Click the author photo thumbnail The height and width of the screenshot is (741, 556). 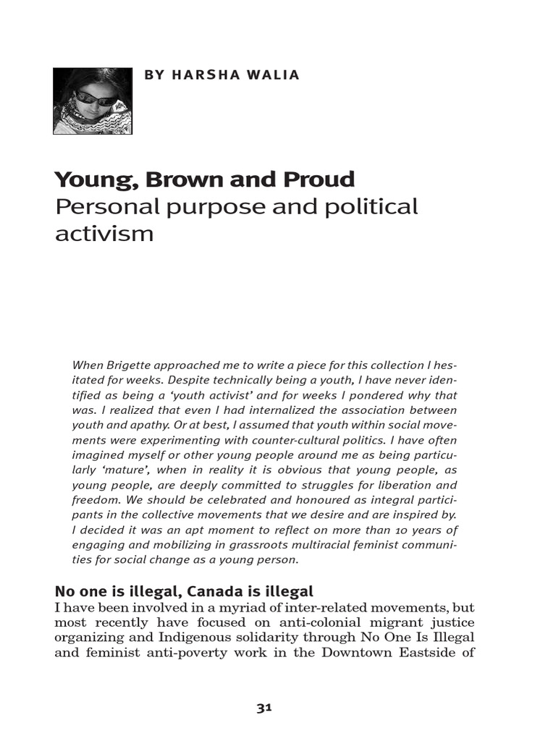[93, 101]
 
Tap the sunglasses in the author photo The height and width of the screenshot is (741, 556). [95, 98]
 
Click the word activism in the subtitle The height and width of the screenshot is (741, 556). [104, 234]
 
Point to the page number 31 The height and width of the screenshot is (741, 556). [264, 708]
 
